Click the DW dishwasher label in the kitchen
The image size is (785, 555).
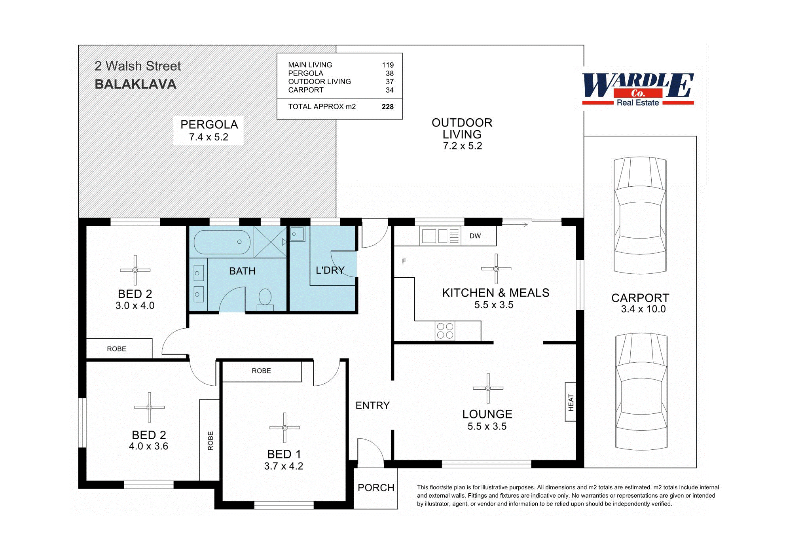coord(475,236)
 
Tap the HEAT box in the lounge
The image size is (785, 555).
coord(570,402)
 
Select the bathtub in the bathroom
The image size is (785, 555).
coord(222,242)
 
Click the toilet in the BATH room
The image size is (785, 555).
coord(265,299)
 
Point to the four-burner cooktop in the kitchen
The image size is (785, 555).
coord(445,331)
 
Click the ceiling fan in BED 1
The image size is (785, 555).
coord(284,428)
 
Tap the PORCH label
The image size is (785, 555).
coord(375,488)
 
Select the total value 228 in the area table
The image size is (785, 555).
coord(387,107)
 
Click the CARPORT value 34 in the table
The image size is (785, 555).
coord(389,90)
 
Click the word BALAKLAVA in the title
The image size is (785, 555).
coord(135,84)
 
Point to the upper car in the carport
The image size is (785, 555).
coord(640,216)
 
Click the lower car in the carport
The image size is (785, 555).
coord(641,391)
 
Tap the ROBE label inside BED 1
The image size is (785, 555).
coord(261,371)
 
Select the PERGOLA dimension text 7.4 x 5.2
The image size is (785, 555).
coord(209,137)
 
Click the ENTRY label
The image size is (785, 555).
coord(372,405)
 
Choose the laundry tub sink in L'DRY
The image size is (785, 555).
coord(298,234)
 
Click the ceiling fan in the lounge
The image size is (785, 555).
coord(488,388)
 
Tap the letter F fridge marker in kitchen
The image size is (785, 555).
coord(404,261)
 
